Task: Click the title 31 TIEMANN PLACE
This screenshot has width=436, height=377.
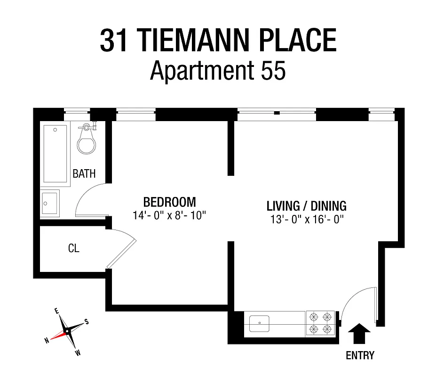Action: point(218,41)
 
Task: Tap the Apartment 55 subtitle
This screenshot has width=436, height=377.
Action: point(218,72)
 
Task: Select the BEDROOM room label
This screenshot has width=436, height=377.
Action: point(169,202)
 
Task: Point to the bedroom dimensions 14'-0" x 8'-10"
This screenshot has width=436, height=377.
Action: point(169,215)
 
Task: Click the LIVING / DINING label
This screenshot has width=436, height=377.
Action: point(306,206)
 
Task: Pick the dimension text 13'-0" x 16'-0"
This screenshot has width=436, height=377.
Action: point(306,219)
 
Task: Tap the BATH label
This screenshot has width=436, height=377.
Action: point(84,173)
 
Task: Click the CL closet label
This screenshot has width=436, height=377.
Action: point(74,248)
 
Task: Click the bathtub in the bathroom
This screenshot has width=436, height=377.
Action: point(55,154)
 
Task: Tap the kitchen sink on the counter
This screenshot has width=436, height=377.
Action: point(259,323)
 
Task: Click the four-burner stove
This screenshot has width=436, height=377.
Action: point(320,323)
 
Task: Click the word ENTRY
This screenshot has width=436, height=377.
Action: point(360,355)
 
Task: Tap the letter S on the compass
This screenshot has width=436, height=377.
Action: point(86,321)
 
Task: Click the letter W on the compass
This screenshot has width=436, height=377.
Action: point(78,352)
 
